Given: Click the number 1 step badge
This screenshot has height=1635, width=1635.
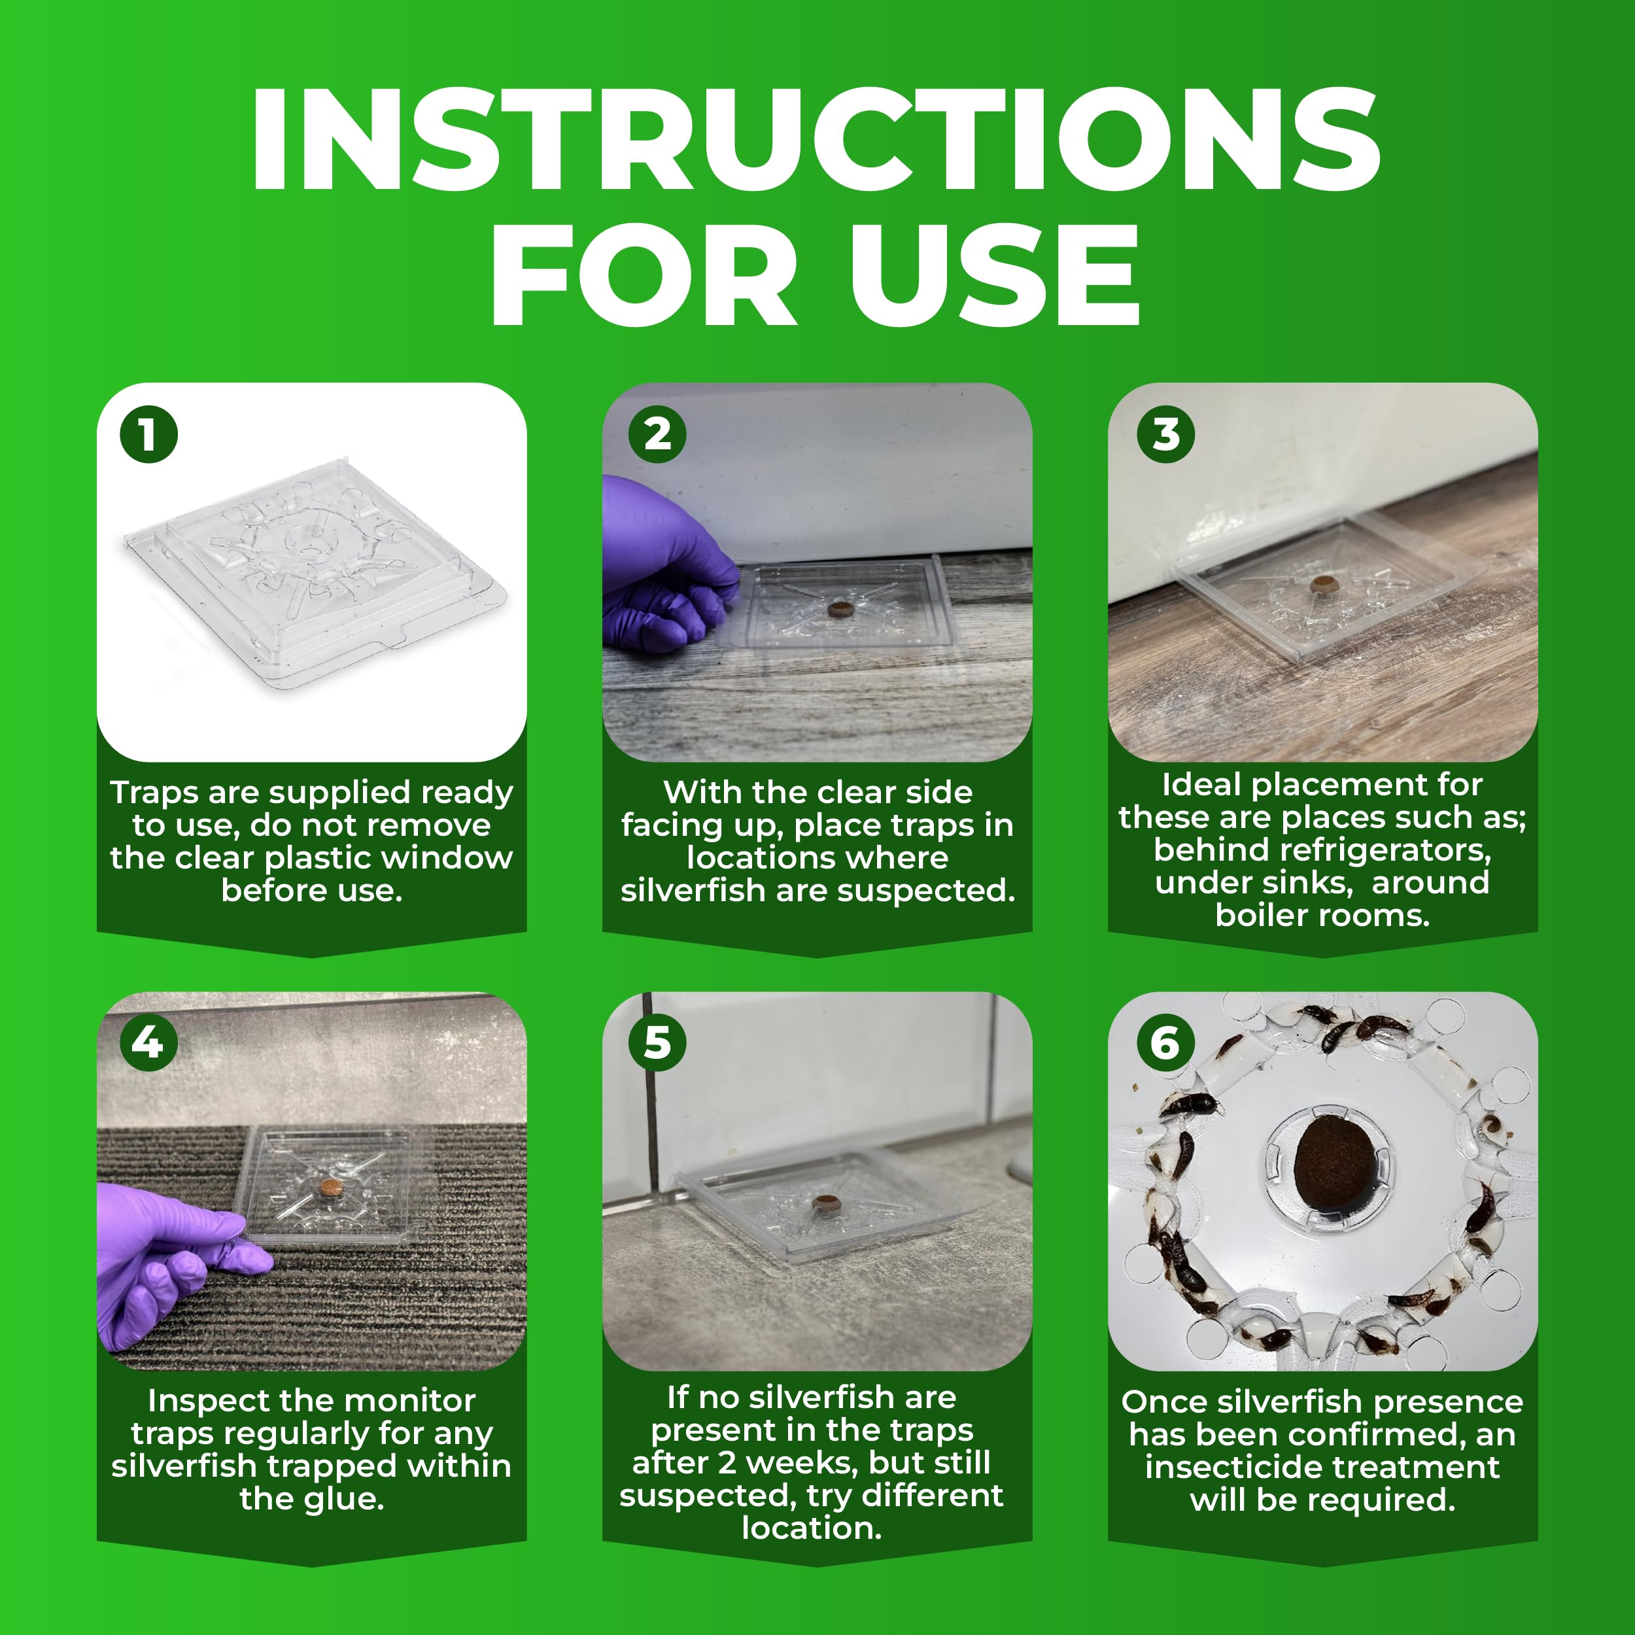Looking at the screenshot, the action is pyautogui.click(x=149, y=435).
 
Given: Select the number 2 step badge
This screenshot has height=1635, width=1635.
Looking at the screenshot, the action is pyautogui.click(x=657, y=435).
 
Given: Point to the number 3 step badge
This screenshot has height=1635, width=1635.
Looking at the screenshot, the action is pyautogui.click(x=1166, y=435).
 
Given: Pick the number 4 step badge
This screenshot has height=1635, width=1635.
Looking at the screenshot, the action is pyautogui.click(x=149, y=1042).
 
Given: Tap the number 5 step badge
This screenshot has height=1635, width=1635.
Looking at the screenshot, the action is pyautogui.click(x=657, y=1042).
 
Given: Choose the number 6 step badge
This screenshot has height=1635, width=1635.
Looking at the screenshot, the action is pyautogui.click(x=1166, y=1042).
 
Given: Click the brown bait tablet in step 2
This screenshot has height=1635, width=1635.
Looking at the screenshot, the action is pyautogui.click(x=840, y=608).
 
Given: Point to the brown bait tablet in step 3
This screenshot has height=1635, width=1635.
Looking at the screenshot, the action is pyautogui.click(x=1324, y=583).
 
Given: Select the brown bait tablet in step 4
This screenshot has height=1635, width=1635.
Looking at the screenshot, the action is pyautogui.click(x=331, y=1187).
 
